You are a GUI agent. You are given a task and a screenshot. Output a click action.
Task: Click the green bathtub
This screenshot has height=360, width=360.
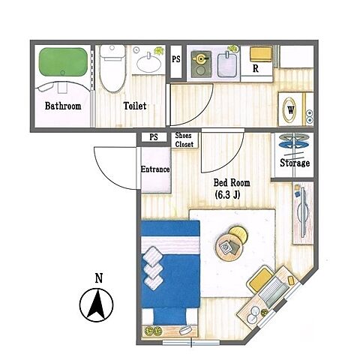pyautogui.click(x=63, y=61)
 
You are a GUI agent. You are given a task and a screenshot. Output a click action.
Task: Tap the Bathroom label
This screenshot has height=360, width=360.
pyautogui.click(x=63, y=106)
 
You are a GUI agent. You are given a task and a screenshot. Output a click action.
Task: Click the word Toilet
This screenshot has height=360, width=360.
pyautogui.click(x=135, y=106)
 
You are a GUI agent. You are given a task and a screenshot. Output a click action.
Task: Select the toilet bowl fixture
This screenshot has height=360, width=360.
pyautogui.click(x=112, y=68)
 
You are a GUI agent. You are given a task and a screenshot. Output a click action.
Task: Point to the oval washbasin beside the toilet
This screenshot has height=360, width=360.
pyautogui.click(x=149, y=64)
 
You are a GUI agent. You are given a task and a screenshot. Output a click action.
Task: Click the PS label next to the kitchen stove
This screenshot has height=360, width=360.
pyautogui.click(x=176, y=59)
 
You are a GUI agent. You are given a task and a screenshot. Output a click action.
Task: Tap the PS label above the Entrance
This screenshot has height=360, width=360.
pyautogui.click(x=154, y=137)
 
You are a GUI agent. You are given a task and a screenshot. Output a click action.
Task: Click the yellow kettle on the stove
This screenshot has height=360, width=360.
pyautogui.click(x=199, y=58)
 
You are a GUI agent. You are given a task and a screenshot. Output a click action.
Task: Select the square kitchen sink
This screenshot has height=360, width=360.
pyautogui.click(x=227, y=65)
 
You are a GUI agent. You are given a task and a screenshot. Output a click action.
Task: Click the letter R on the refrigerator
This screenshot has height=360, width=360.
pyautogui.click(x=256, y=68)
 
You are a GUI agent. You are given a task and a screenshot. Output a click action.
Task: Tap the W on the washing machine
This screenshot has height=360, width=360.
pyautogui.click(x=290, y=109)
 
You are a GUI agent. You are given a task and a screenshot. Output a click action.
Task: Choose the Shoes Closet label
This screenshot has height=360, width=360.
pyautogui.click(x=184, y=140)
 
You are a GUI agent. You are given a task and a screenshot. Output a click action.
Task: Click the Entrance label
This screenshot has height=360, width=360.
pyautogui.click(x=155, y=169)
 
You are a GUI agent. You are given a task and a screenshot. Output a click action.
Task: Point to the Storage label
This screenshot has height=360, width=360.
pyautogui.click(x=295, y=163)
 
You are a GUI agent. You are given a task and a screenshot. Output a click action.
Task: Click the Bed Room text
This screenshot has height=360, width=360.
pyautogui.click(x=232, y=183)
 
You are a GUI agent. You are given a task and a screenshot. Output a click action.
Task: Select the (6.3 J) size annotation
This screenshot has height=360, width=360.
pyautogui.click(x=227, y=195)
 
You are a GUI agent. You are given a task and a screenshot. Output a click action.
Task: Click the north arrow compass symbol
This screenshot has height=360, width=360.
pyautogui.click(x=97, y=304)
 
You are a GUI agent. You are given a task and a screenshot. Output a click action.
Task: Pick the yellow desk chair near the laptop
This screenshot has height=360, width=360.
pyautogui.click(x=260, y=279)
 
